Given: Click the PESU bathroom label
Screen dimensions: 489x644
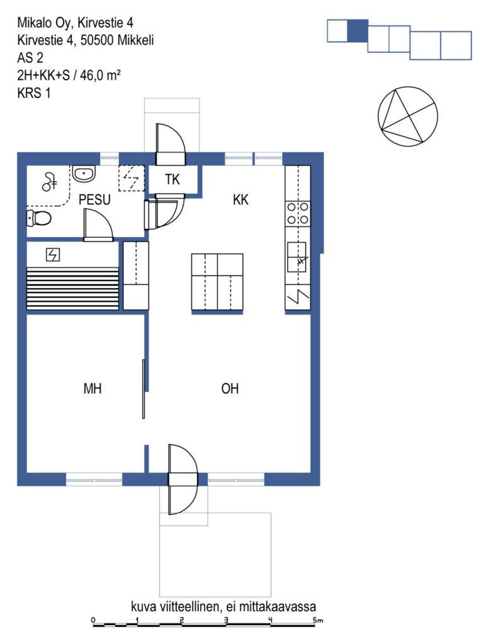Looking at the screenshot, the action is click(94, 199).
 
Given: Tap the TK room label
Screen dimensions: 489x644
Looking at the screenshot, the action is click(172, 179).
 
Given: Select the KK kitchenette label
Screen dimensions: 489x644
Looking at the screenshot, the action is click(240, 199).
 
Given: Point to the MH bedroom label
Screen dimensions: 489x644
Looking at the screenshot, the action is click(93, 389).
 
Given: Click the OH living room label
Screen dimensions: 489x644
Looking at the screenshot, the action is click(230, 389).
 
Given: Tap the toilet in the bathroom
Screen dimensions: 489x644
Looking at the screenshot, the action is click(38, 218).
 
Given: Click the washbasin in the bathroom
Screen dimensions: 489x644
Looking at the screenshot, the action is click(84, 174).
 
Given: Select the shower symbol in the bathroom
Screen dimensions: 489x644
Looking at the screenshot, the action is click(50, 182).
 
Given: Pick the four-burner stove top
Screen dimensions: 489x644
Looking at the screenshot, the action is click(298, 214).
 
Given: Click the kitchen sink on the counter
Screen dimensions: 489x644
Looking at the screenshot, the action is click(296, 257).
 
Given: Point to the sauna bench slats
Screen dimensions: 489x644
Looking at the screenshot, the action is click(72, 288).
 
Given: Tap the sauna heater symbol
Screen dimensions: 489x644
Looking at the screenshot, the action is click(53, 255).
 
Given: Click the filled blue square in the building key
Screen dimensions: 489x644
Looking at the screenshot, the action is click(358, 31).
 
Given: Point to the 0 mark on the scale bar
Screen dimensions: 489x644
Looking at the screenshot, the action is click(93, 619).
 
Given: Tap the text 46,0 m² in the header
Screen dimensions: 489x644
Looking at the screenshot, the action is click(100, 75).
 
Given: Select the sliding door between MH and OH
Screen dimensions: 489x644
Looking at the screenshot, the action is click(143, 389).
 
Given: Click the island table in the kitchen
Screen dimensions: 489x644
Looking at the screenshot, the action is click(217, 282).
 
